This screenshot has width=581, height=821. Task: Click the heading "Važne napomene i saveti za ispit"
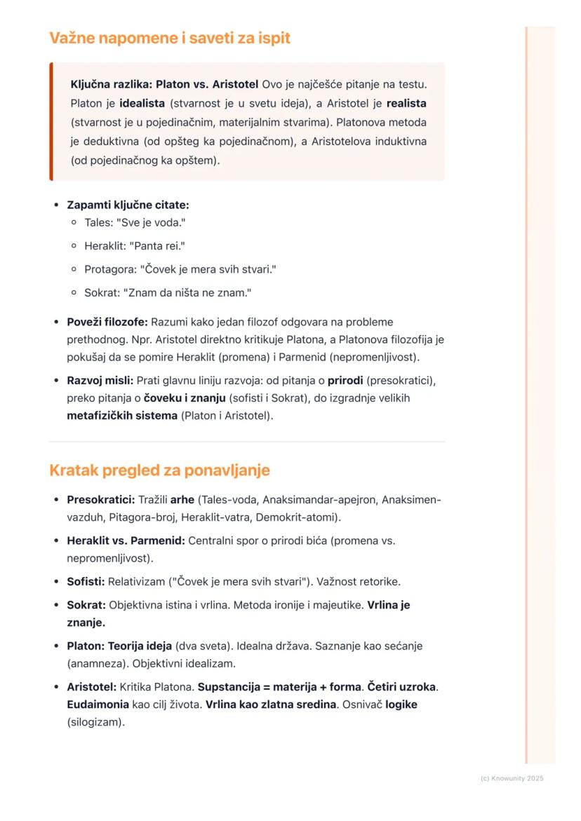(x=169, y=38)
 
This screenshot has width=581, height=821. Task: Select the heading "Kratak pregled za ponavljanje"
(x=159, y=470)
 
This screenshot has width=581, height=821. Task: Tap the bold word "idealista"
(x=143, y=103)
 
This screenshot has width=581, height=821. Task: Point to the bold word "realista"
(x=406, y=103)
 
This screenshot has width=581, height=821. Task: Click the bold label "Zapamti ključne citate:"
(x=128, y=205)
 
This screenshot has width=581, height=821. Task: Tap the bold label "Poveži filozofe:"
(x=107, y=323)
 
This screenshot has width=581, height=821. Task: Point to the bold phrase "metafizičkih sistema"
(x=122, y=416)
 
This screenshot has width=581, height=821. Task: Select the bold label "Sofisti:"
(x=86, y=581)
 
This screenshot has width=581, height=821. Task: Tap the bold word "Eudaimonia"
(x=98, y=705)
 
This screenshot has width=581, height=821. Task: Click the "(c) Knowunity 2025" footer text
(x=512, y=778)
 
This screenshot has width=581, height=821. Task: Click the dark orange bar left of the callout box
(x=51, y=122)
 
